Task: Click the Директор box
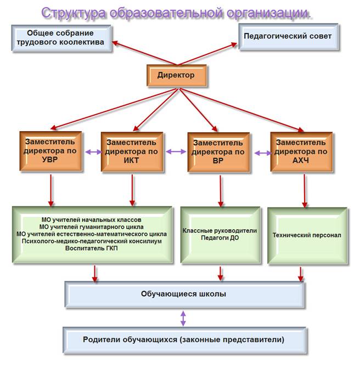pyautogui.click(x=177, y=76)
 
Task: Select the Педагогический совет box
pyautogui.click(x=289, y=37)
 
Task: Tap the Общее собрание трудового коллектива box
pyautogui.click(x=61, y=38)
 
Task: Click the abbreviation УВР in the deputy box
pyautogui.click(x=50, y=160)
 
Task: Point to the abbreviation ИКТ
pyautogui.click(x=132, y=161)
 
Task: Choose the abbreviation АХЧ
pyautogui.click(x=301, y=161)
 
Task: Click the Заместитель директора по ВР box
pyautogui.click(x=218, y=152)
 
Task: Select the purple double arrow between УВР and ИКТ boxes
pyautogui.click(x=93, y=152)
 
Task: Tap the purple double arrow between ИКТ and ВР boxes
pyautogui.click(x=176, y=151)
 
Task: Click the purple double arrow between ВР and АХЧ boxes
pyautogui.click(x=263, y=153)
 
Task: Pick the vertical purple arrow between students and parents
pyautogui.click(x=183, y=319)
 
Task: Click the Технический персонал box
pyautogui.click(x=307, y=236)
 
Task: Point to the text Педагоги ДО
pyautogui.click(x=220, y=237)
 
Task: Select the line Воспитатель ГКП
pyautogui.click(x=91, y=248)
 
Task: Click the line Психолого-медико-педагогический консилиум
pyautogui.click(x=92, y=241)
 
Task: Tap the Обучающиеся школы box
pyautogui.click(x=184, y=295)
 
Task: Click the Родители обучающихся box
pyautogui.click(x=184, y=340)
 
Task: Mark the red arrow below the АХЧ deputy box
pyautogui.click(x=305, y=191)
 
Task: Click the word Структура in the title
pyautogui.click(x=74, y=13)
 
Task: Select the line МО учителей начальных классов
pyautogui.click(x=91, y=220)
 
